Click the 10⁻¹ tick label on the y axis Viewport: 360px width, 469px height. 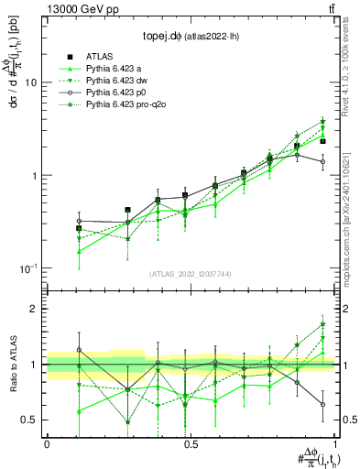coord(27,268)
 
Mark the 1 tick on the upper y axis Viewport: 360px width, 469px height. coord(34,175)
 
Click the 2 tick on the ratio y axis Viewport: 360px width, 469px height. coord(34,309)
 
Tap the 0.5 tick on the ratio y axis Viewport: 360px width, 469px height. coord(29,420)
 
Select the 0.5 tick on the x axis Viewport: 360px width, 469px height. coord(191,444)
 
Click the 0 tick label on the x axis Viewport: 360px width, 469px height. coord(47,444)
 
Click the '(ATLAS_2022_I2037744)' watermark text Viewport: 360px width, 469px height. coord(191,274)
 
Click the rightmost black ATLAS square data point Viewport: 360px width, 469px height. coord(322,141)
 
